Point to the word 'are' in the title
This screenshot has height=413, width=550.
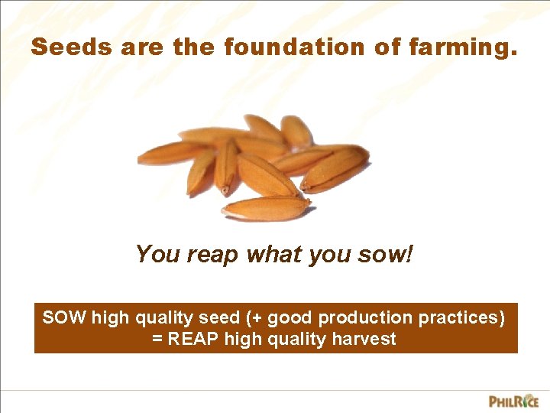[140, 47]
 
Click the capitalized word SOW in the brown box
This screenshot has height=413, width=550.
[65, 317]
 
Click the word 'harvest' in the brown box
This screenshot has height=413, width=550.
[363, 339]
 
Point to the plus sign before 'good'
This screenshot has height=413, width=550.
[264, 317]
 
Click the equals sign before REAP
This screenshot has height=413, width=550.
[158, 339]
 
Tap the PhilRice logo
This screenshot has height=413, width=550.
[513, 401]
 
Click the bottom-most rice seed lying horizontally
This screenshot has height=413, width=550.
[266, 207]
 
